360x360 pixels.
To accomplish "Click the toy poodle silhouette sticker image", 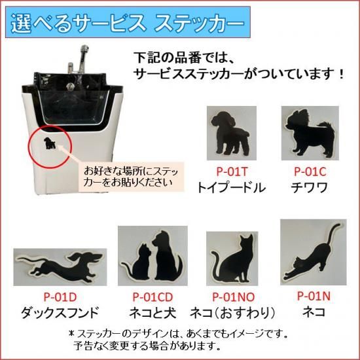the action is click(x=232, y=133).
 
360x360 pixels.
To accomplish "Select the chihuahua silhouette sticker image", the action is click(x=310, y=133).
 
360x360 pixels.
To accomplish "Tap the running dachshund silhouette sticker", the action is click(x=60, y=267).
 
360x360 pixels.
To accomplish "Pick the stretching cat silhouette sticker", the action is click(x=313, y=252).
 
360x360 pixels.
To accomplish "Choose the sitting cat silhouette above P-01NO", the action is click(x=232, y=259).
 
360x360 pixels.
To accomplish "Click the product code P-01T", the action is click(x=232, y=171).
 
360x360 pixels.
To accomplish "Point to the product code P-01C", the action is click(x=310, y=171).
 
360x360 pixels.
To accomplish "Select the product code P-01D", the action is click(x=60, y=297).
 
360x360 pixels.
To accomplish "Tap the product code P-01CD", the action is click(x=153, y=297).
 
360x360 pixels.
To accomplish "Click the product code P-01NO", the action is click(x=234, y=297).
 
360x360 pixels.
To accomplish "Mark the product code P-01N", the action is click(x=314, y=296).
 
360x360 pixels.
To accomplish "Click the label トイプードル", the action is click(x=232, y=188).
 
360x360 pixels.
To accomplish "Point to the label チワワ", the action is click(x=309, y=188).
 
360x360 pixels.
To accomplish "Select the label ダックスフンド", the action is click(x=60, y=312).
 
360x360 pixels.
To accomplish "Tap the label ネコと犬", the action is click(x=153, y=312).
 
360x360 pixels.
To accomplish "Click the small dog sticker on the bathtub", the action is click(x=50, y=143).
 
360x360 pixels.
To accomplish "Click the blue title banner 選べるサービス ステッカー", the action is click(x=128, y=22).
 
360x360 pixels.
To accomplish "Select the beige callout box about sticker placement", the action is click(x=132, y=177).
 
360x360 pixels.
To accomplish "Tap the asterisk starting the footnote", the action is click(x=71, y=333).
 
